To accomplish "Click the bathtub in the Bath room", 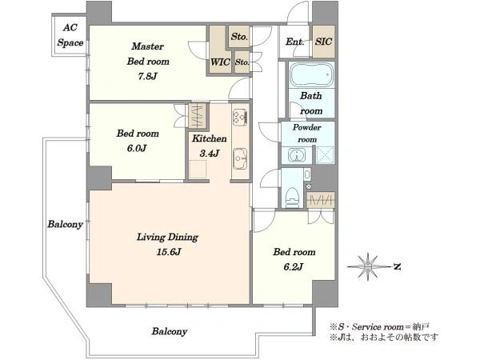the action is pyautogui.click(x=312, y=74).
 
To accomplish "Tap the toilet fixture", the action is pyautogui.click(x=291, y=197).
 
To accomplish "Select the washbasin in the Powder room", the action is pyautogui.click(x=297, y=155).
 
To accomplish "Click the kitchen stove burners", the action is pyautogui.click(x=240, y=117).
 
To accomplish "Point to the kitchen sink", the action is pyautogui.click(x=240, y=158).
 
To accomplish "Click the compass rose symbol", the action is pyautogui.click(x=368, y=266).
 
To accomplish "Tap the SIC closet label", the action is pyautogui.click(x=323, y=42).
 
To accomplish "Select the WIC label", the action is pyautogui.click(x=220, y=62).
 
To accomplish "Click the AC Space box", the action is pyautogui.click(x=70, y=35).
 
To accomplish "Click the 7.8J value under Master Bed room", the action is pyautogui.click(x=147, y=76).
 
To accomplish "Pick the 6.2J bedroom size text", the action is pyautogui.click(x=294, y=266).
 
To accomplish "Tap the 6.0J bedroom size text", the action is pyautogui.click(x=137, y=148).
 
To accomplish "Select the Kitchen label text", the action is pyautogui.click(x=210, y=138).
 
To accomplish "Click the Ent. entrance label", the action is pyautogui.click(x=294, y=42).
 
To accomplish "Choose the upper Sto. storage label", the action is pyautogui.click(x=239, y=37).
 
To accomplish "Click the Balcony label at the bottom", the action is pyautogui.click(x=170, y=331).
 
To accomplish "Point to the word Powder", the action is pyautogui.click(x=307, y=127).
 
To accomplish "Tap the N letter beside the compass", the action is pyautogui.click(x=397, y=267).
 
